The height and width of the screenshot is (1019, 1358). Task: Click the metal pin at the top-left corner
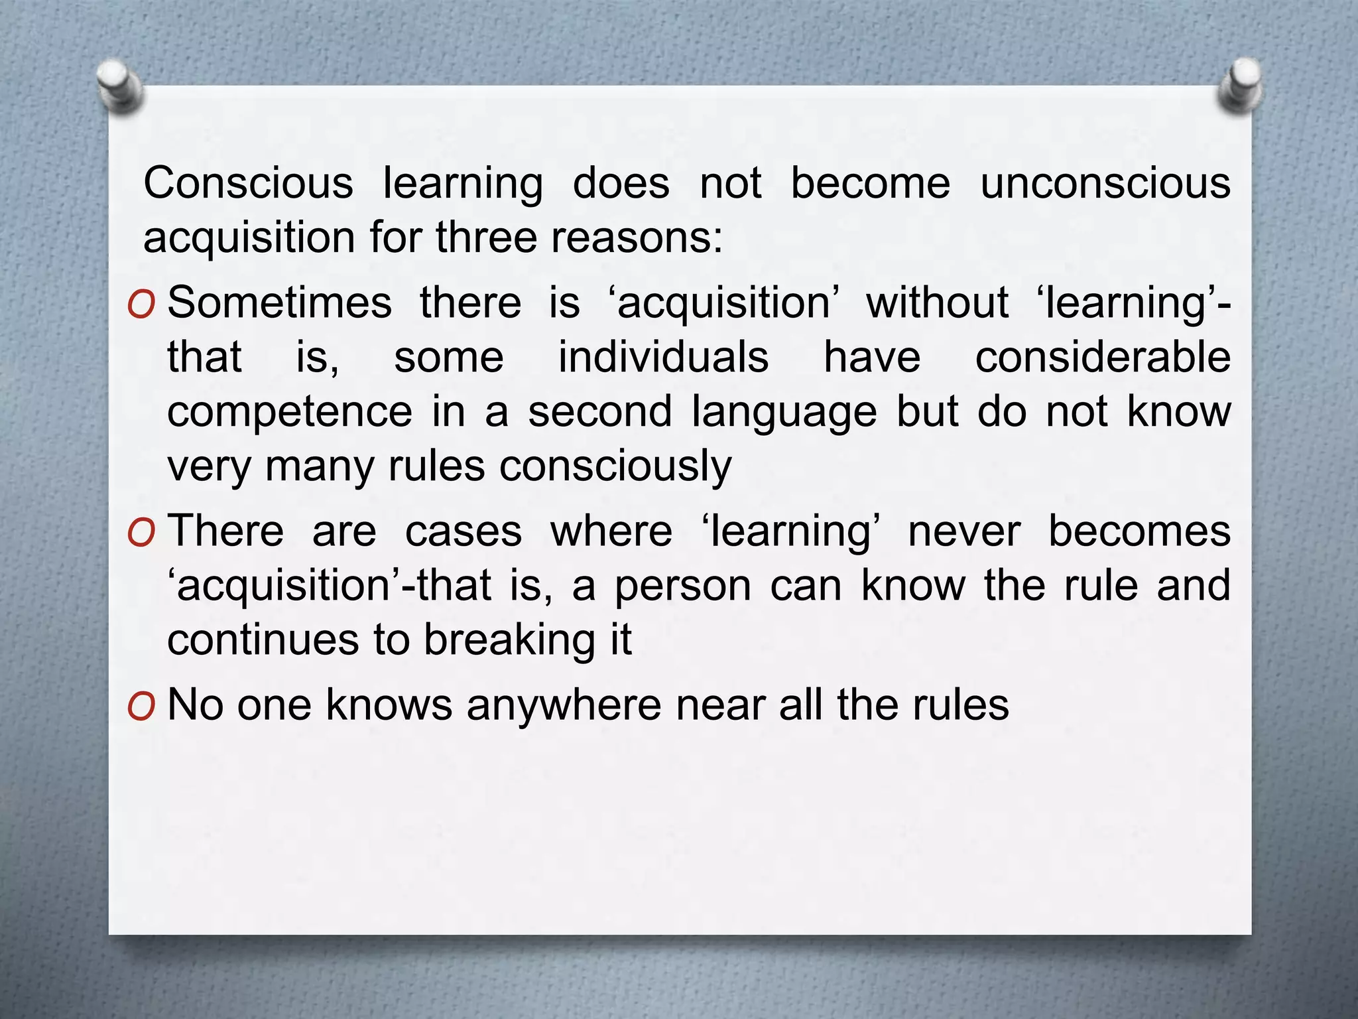(x=119, y=86)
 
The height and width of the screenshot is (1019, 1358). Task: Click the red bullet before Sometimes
(x=141, y=305)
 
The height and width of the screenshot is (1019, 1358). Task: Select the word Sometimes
(x=279, y=303)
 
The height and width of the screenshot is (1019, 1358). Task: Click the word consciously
(x=615, y=466)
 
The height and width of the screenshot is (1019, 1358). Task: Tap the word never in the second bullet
(x=964, y=531)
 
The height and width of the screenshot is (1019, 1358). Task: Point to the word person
(x=682, y=586)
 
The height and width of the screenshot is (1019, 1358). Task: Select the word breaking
(x=509, y=640)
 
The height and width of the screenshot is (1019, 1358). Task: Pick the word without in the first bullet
(x=937, y=303)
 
